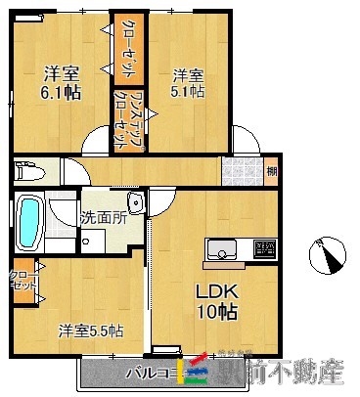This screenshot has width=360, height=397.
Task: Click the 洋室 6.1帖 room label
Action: click(x=61, y=81)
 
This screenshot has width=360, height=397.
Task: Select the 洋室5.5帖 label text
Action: click(x=89, y=330)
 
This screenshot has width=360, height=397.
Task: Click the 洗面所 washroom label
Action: click(x=103, y=218)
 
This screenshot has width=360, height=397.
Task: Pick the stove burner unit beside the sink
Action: click(x=264, y=248)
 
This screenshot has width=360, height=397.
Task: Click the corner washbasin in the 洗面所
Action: click(x=136, y=203)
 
